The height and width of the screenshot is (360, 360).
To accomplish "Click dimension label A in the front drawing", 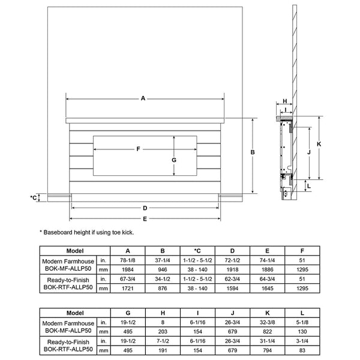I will (x=143, y=98).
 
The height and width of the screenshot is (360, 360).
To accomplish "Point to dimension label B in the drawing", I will (x=253, y=153).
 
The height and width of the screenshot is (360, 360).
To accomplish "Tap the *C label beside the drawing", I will (x=33, y=197).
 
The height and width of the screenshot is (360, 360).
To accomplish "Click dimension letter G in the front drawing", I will (x=174, y=160).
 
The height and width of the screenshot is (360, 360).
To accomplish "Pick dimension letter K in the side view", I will (x=319, y=145).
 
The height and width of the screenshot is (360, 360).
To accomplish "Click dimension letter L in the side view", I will (x=308, y=187).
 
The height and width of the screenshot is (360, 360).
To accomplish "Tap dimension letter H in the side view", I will (x=284, y=101).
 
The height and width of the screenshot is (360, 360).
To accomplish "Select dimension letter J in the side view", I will (x=308, y=152).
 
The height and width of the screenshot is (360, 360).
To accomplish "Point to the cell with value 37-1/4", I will (x=163, y=261).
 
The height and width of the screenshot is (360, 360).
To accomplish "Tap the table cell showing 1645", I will (x=267, y=288).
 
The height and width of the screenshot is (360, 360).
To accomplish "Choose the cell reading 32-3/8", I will (x=267, y=323).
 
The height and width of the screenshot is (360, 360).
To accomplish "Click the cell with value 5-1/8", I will (x=302, y=323).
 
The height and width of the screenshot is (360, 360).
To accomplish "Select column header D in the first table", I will (x=232, y=251).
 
